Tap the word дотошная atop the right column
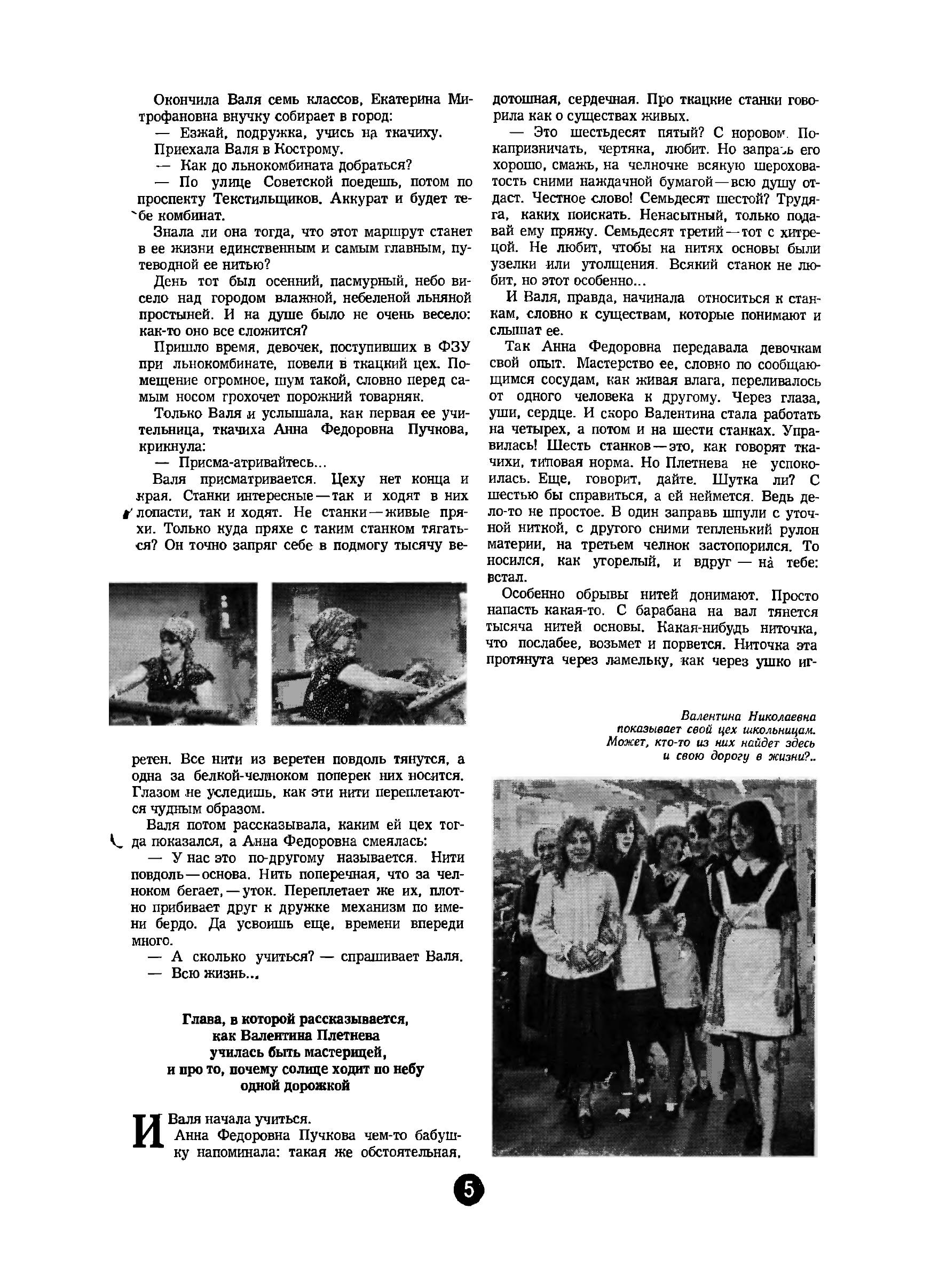pos(523,100)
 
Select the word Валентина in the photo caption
pos(712,716)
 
